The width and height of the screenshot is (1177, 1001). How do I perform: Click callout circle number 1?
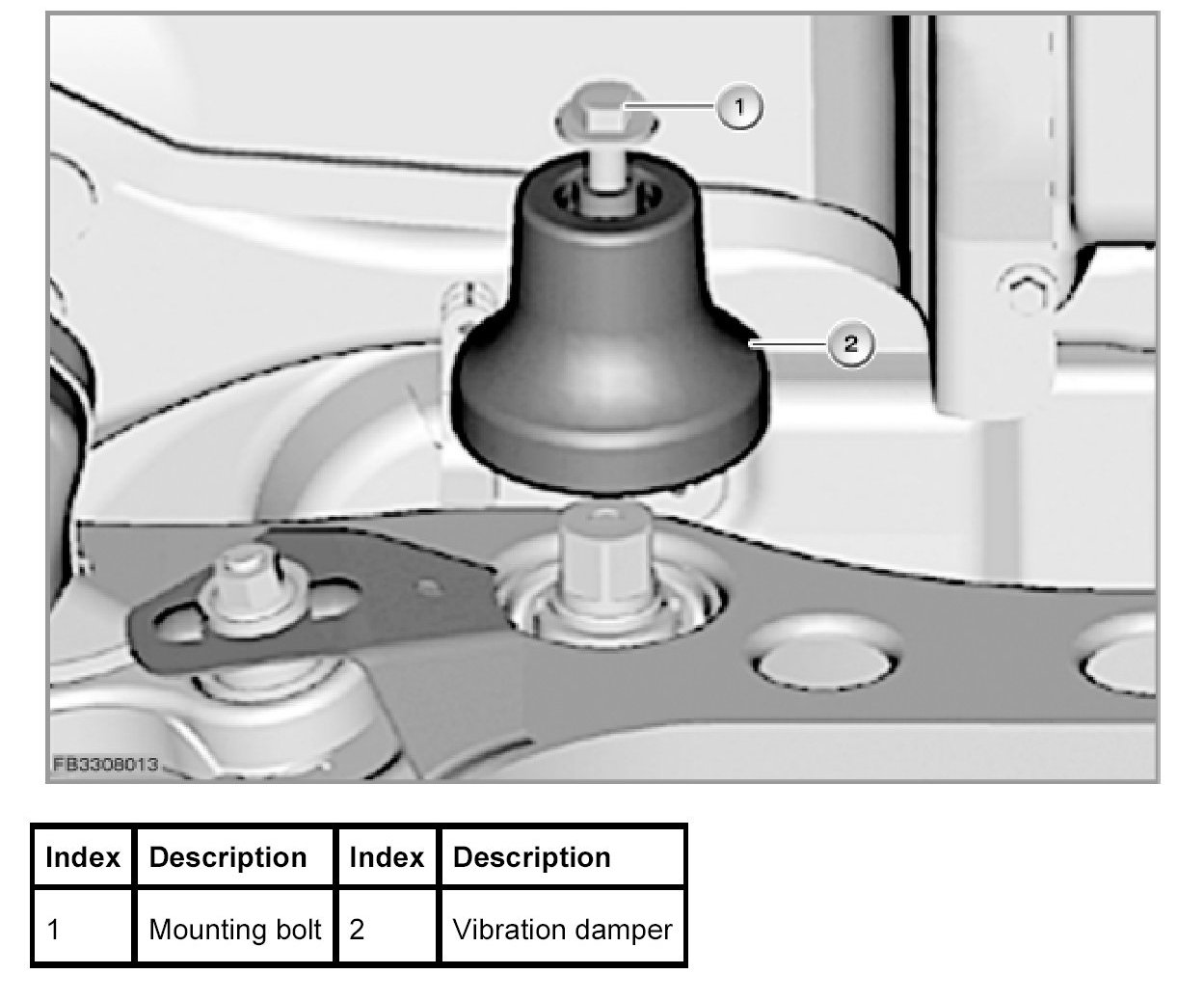pos(739,107)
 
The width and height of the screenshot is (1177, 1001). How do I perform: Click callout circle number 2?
pos(849,344)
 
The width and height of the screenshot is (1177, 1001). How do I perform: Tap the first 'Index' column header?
pos(83,857)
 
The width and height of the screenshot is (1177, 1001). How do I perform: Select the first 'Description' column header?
pos(228,857)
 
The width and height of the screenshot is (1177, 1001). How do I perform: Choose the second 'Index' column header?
pos(387,857)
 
